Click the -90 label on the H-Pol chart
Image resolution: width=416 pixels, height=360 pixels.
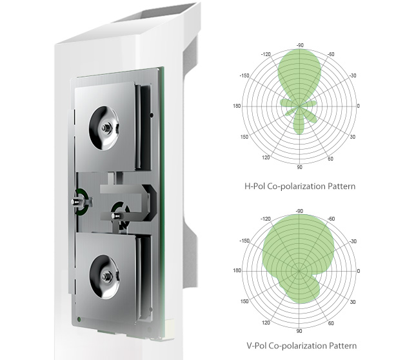(x=300, y=45)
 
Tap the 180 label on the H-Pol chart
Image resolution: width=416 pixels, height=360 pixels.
(x=237, y=106)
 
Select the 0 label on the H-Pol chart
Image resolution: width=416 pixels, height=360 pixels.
(x=359, y=106)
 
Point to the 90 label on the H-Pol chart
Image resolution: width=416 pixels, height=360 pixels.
(x=299, y=167)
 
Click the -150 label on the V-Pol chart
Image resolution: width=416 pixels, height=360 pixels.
(x=244, y=241)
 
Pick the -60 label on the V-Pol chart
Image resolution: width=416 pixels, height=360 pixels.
(x=331, y=219)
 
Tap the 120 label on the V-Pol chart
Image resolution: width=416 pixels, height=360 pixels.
(x=266, y=323)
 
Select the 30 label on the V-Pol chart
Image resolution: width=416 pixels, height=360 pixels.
(x=353, y=302)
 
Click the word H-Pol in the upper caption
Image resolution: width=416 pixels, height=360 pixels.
(x=255, y=186)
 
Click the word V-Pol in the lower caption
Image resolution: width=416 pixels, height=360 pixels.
(x=257, y=346)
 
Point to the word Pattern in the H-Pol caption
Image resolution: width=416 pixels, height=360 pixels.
(x=341, y=186)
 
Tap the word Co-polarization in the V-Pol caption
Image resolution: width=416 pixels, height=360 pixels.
(x=298, y=346)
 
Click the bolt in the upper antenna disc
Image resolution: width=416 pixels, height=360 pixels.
(x=105, y=128)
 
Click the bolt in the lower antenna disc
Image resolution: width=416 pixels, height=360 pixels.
(x=105, y=277)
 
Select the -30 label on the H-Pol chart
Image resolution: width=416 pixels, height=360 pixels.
(x=352, y=76)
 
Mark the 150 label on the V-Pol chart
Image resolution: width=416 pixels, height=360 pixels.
(x=244, y=301)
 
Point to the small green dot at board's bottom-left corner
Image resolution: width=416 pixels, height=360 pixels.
(x=79, y=319)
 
